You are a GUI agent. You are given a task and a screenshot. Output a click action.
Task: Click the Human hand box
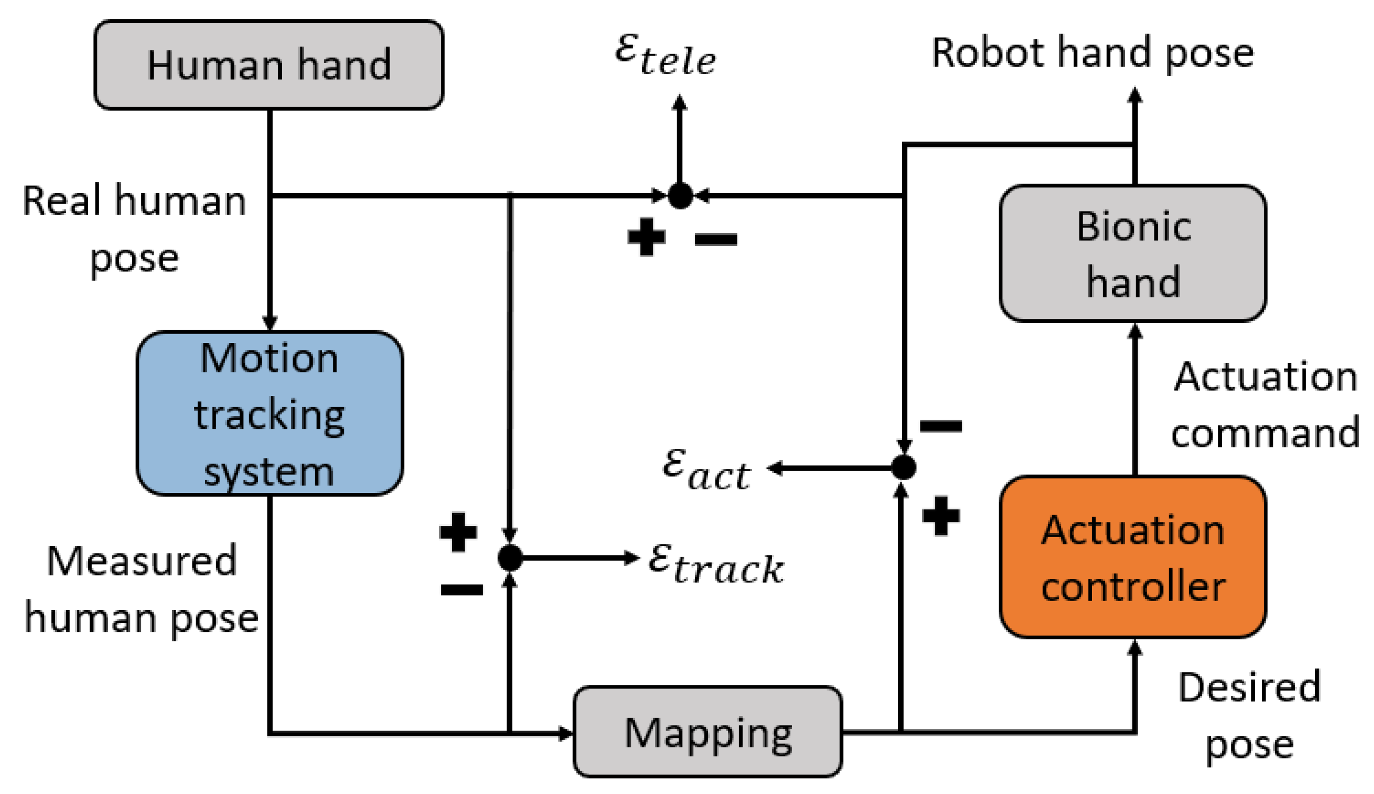pyautogui.click(x=269, y=65)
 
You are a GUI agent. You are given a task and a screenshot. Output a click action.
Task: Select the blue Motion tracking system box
pyautogui.click(x=269, y=413)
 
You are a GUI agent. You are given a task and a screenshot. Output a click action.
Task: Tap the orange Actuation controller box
pyautogui.click(x=1132, y=557)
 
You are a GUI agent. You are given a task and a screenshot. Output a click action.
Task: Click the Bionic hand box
pyautogui.click(x=1132, y=253)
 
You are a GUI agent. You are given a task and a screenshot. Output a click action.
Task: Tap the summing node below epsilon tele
pyautogui.click(x=680, y=195)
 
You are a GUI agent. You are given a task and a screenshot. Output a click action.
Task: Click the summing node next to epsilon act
pyautogui.click(x=903, y=467)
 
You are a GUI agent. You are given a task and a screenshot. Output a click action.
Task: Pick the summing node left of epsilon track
pyautogui.click(x=510, y=557)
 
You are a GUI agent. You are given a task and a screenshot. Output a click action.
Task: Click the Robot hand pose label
pyautogui.click(x=1092, y=53)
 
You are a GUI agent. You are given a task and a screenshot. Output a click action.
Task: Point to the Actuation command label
pyautogui.click(x=1264, y=404)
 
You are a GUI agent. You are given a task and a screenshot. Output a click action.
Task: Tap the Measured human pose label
pyautogui.click(x=141, y=589)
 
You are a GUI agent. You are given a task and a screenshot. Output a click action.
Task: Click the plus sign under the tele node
pyautogui.click(x=646, y=237)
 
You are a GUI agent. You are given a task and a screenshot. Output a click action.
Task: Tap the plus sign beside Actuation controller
pyautogui.click(x=941, y=516)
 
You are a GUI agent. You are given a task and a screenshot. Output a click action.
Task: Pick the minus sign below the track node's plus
pyautogui.click(x=461, y=589)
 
